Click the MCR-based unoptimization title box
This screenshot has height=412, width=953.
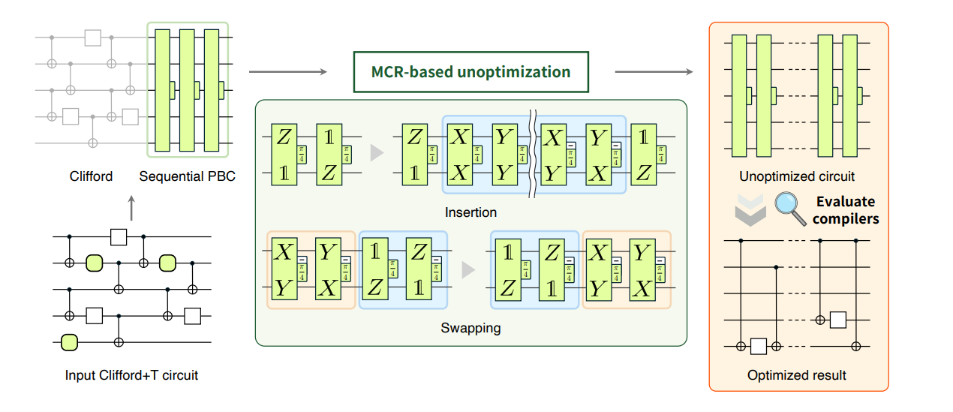(x=470, y=73)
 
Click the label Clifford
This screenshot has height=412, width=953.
(x=90, y=176)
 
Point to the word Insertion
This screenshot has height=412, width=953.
(x=470, y=212)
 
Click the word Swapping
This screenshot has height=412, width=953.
(x=470, y=328)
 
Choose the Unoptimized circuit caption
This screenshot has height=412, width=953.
(x=797, y=177)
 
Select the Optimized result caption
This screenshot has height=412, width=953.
(x=797, y=375)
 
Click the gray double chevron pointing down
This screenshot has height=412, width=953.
(x=750, y=210)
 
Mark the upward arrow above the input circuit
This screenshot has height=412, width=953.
(x=131, y=208)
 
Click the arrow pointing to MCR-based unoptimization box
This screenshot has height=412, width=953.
(x=287, y=72)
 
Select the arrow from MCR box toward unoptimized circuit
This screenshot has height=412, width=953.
(x=653, y=72)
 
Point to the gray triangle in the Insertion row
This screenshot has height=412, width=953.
(x=377, y=154)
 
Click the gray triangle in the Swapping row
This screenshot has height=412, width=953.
(x=468, y=269)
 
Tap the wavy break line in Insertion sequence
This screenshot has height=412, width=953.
(x=533, y=153)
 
